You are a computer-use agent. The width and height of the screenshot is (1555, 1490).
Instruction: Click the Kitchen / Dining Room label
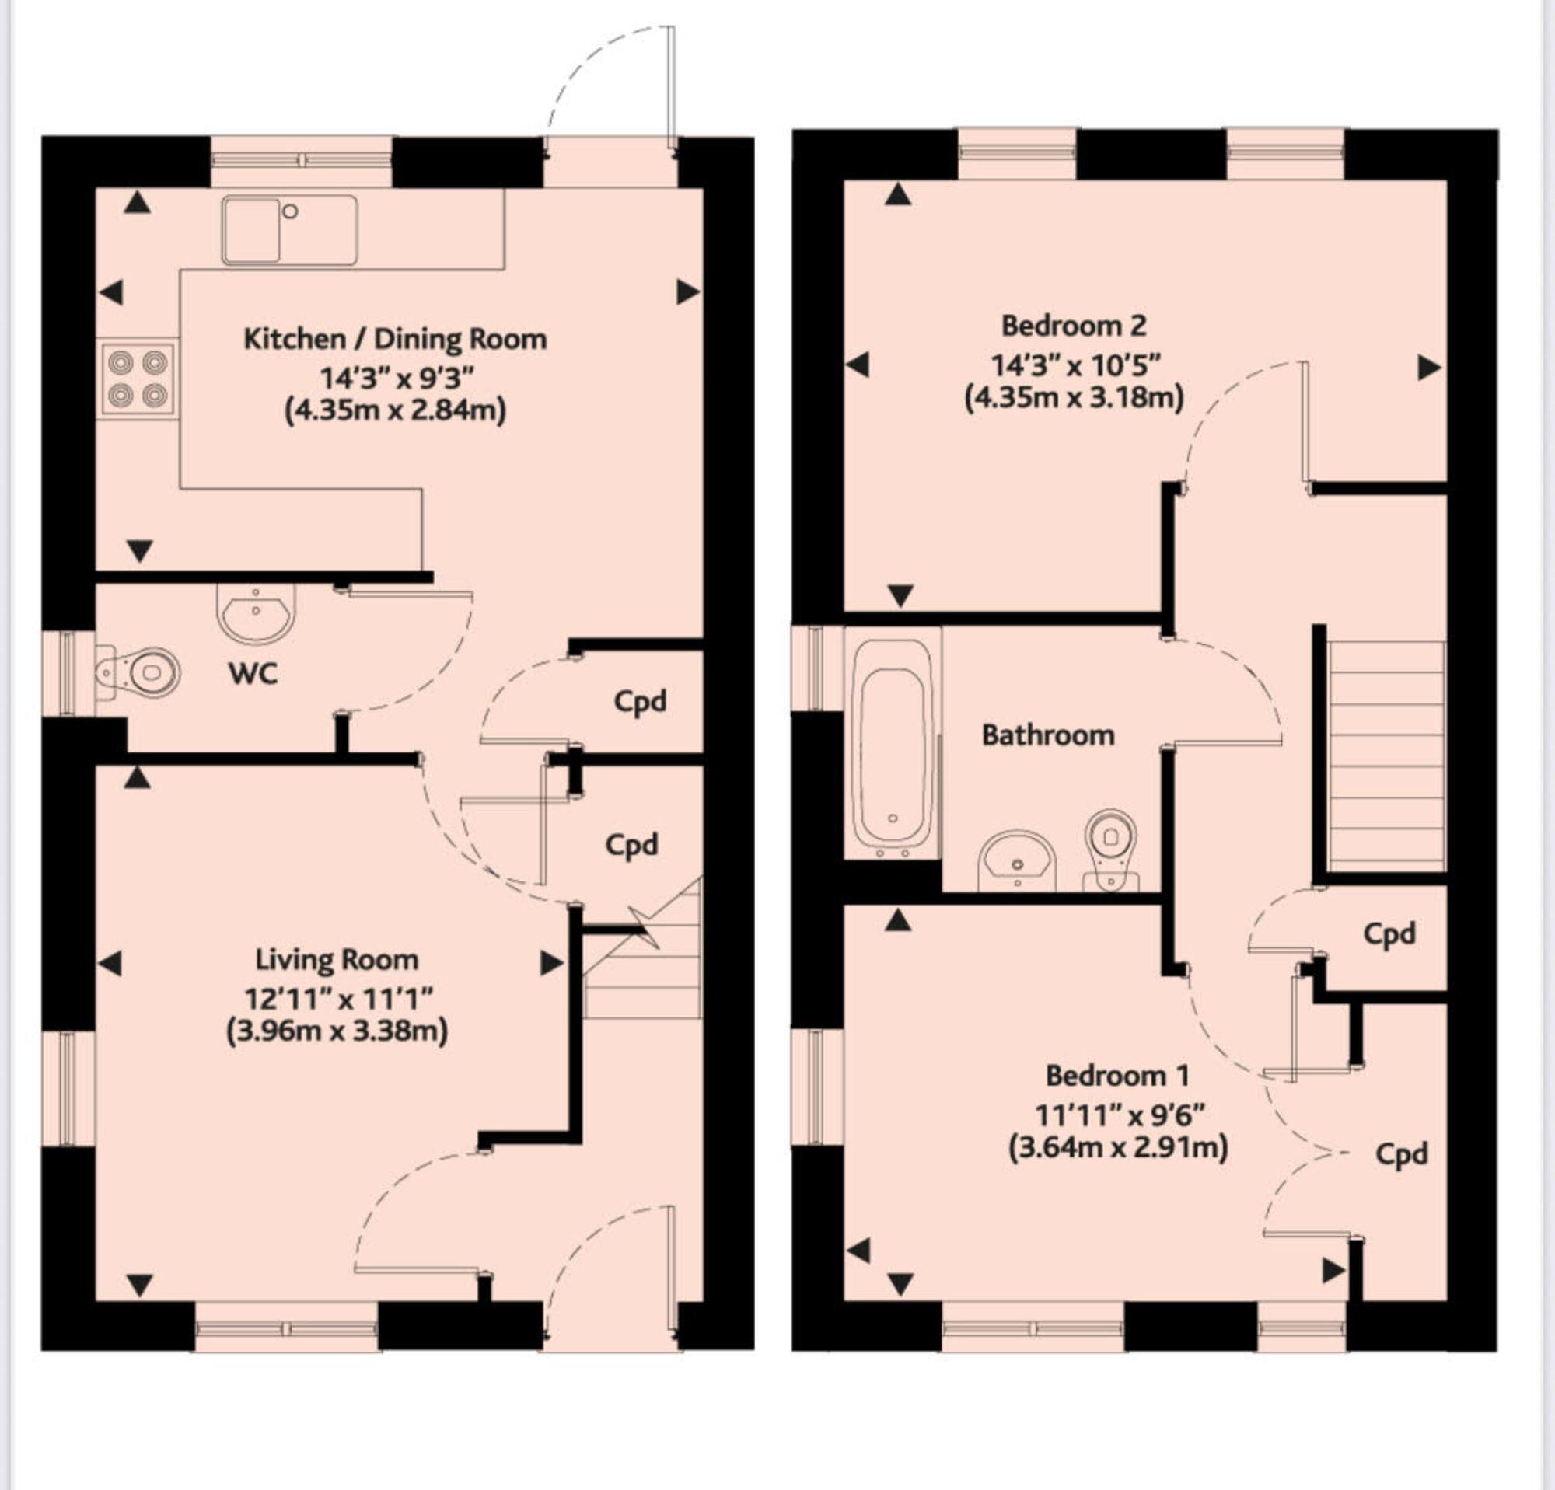[395, 340]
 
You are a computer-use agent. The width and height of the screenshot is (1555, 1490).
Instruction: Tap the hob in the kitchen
[138, 379]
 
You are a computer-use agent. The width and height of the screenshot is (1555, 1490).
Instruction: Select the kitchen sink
[289, 230]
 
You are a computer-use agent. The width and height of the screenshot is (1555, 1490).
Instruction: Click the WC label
[253, 674]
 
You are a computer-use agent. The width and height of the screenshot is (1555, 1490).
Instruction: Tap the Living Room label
[337, 959]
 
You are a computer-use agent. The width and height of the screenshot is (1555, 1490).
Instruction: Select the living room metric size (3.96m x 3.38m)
[337, 1031]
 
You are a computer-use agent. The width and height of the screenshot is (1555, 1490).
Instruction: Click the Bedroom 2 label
[1074, 325]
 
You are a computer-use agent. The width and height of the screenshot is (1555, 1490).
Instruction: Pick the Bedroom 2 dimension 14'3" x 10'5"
[1075, 365]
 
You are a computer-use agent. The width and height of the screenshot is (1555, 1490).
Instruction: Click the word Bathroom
[1048, 735]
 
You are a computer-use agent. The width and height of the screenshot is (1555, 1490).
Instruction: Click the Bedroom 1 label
[1117, 1076]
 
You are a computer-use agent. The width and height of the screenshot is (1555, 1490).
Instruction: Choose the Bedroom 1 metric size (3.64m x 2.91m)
[1118, 1147]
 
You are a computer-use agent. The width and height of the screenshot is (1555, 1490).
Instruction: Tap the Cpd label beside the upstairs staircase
[1389, 934]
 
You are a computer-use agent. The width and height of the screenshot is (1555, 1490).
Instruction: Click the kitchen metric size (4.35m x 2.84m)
[395, 410]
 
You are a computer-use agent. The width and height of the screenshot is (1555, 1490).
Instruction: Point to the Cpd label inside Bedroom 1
[1402, 1154]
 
